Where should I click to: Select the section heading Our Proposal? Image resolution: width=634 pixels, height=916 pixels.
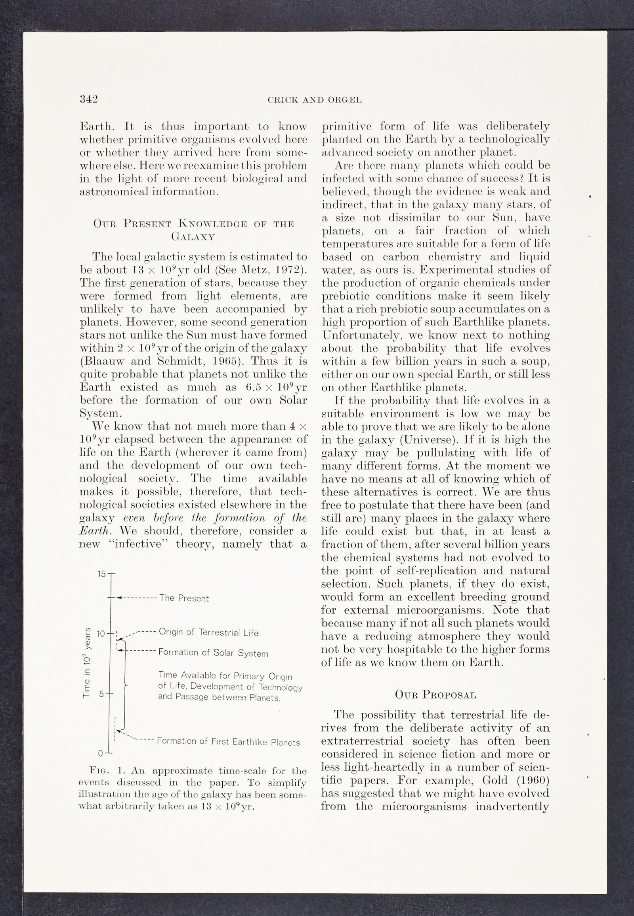point(435,695)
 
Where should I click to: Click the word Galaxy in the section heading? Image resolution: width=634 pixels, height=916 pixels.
point(193,237)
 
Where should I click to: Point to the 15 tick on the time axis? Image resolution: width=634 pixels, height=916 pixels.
point(102,574)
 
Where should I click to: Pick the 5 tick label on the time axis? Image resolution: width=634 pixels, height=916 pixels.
point(102,694)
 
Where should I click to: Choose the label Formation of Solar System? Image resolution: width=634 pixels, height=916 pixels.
point(213,653)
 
